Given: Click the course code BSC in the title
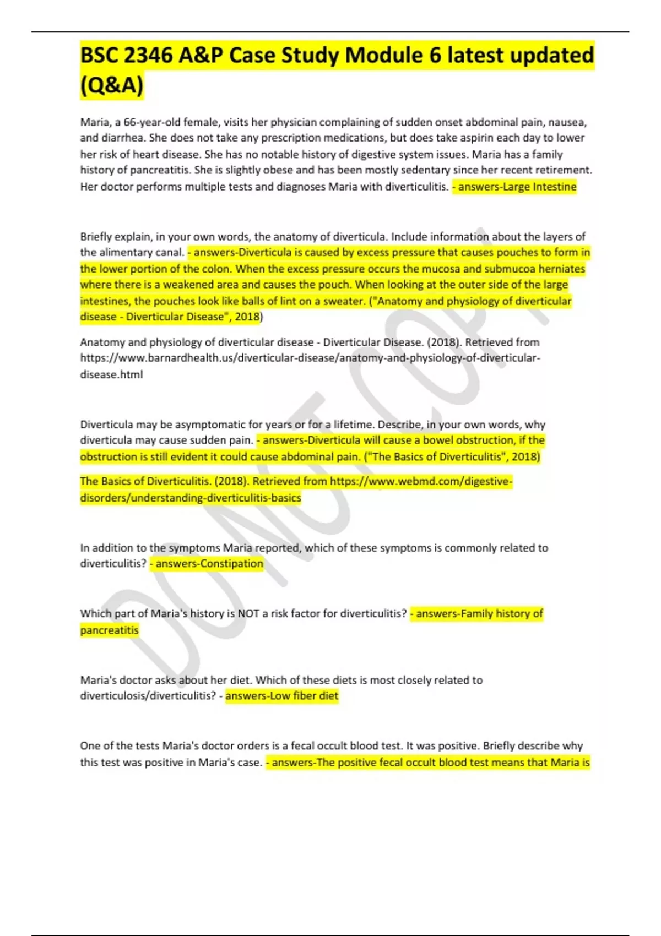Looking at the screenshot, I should (x=99, y=56).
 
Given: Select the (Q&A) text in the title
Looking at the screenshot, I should (x=112, y=86).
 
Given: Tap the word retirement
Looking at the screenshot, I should (x=563, y=170).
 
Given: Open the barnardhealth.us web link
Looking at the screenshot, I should (x=310, y=358).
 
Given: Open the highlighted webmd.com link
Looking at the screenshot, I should (x=421, y=481).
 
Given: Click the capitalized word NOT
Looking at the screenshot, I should (x=248, y=613).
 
